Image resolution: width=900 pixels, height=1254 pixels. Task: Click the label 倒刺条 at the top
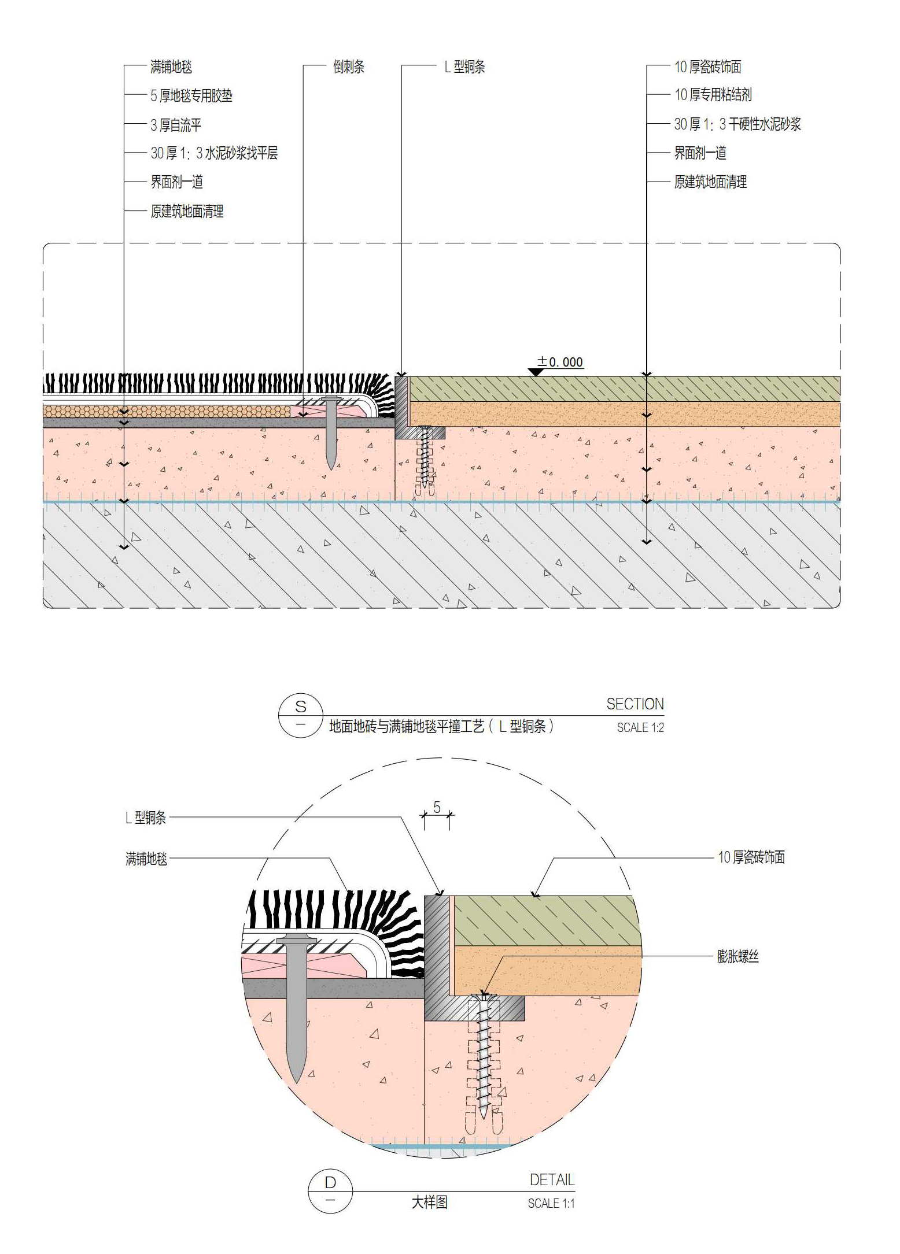[348, 67]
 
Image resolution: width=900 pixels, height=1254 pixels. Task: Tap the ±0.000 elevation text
[560, 362]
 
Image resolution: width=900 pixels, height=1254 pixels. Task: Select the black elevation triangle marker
[536, 372]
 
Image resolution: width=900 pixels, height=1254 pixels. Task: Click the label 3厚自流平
[176, 125]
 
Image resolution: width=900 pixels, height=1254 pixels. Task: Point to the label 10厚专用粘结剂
[713, 95]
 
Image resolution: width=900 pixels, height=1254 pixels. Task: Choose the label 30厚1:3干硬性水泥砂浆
[737, 124]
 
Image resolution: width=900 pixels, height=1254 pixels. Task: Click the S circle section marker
[301, 715]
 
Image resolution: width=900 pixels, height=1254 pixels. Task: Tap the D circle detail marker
[330, 1191]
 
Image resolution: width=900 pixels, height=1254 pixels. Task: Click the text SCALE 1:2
[640, 728]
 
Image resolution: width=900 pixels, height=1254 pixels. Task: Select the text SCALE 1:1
[551, 1203]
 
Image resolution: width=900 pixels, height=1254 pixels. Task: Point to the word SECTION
[635, 704]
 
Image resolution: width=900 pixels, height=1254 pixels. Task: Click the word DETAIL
[552, 1180]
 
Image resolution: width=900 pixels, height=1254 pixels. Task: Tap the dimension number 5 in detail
[437, 807]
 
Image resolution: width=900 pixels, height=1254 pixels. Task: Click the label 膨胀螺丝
[737, 956]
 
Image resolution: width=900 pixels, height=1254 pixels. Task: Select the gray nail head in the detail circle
[296, 939]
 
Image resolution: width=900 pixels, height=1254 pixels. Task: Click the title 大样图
[429, 1203]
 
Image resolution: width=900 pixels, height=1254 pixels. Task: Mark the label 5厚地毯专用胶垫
[191, 96]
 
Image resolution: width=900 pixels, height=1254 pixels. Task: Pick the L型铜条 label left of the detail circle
[146, 817]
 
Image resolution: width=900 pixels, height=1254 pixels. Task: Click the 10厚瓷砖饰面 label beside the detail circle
[751, 857]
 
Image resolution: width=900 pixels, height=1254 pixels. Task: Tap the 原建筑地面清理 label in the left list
[187, 212]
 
